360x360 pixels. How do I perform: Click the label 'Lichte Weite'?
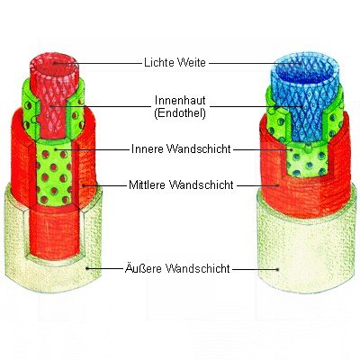click(175, 63)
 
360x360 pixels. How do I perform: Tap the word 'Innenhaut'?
click(180, 100)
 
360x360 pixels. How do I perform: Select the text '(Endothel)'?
click(180, 113)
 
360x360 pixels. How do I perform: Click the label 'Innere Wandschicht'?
click(181, 148)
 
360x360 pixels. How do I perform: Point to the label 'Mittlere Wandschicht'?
click(181, 184)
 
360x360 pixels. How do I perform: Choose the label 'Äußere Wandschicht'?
click(177, 268)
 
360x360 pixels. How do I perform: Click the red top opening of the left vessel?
click(54, 65)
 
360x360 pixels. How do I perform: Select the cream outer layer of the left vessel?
click(54, 276)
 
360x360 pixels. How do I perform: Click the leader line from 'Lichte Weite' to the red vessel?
click(98, 63)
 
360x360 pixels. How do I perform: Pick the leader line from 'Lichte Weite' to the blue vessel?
click(256, 63)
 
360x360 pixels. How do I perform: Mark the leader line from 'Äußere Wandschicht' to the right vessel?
click(256, 269)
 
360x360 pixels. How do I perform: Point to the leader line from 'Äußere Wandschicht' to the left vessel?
click(104, 268)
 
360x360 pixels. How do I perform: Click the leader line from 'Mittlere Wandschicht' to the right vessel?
click(257, 185)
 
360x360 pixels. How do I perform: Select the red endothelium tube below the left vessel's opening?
click(53, 114)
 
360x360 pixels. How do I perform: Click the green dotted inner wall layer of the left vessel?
click(54, 174)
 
